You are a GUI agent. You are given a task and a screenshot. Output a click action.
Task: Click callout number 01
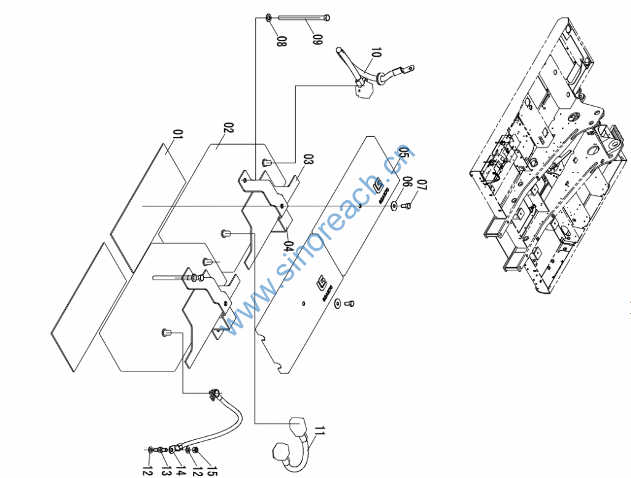coord(179,134)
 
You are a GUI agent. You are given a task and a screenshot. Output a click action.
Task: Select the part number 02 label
coord(228,128)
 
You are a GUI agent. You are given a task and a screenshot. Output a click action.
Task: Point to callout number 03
coord(308,160)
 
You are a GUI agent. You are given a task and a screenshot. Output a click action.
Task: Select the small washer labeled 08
coord(271,17)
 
